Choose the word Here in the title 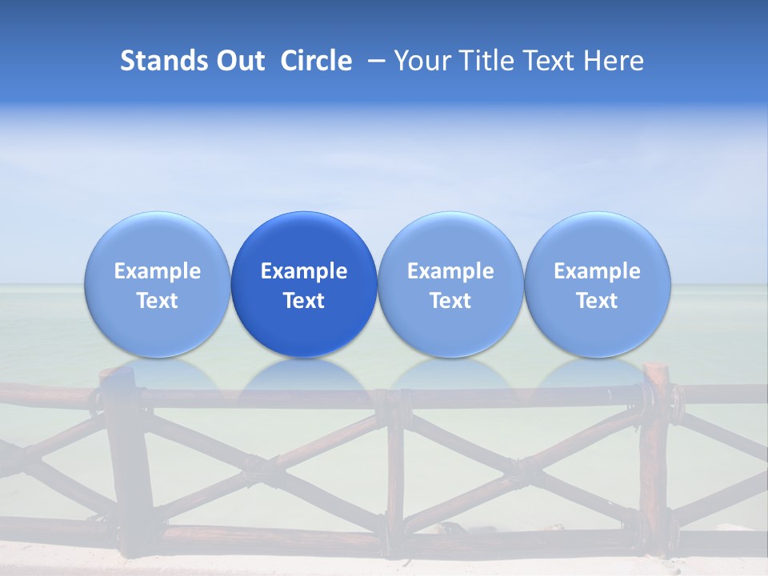[x=614, y=61]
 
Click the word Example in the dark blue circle [x=304, y=271]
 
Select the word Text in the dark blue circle [x=304, y=301]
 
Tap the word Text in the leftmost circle [x=157, y=301]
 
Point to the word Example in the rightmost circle [x=598, y=271]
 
